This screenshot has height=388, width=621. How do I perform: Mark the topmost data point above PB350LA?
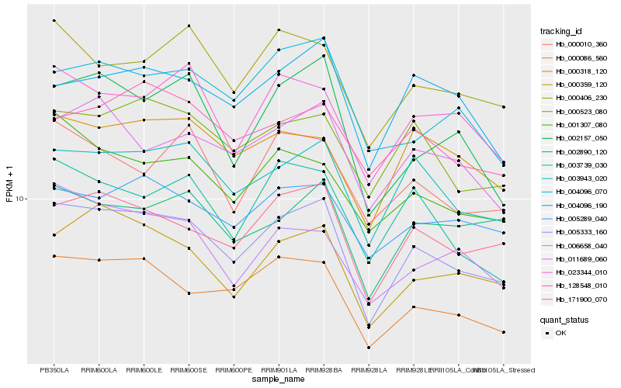[x=54, y=20]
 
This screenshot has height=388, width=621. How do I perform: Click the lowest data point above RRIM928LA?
[x=369, y=348]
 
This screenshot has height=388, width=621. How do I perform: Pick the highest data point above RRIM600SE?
[x=189, y=26]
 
